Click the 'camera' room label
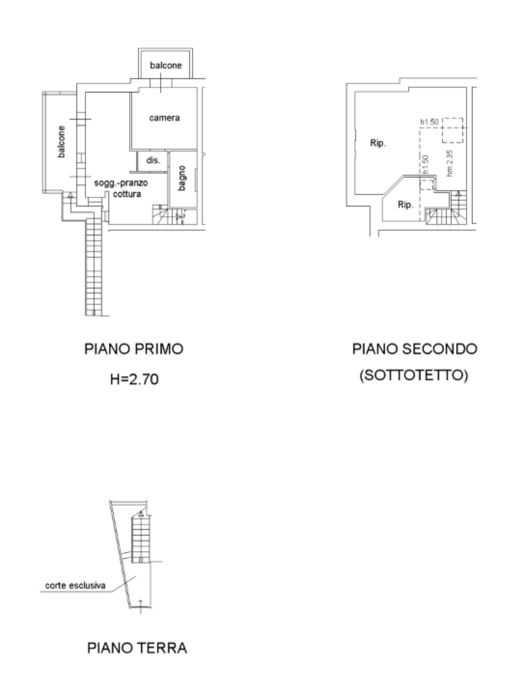[164, 118]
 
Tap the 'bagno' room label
[182, 178]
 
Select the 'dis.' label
[153, 160]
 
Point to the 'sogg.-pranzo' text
[121, 183]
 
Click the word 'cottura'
[127, 194]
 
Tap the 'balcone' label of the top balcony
[166, 65]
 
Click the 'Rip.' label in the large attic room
[378, 143]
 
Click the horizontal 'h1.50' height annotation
[429, 122]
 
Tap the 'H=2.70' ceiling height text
[134, 380]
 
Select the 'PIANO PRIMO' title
[134, 349]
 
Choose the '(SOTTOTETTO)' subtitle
[414, 375]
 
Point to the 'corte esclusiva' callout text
[75, 585]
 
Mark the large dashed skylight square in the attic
[452, 130]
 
